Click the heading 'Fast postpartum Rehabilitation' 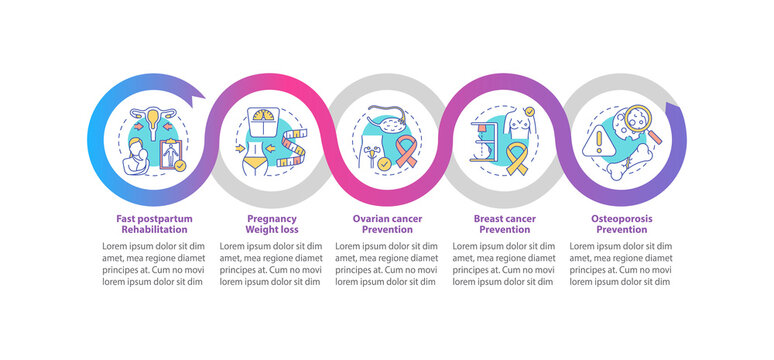pos(153,223)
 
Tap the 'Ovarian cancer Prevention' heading pos(385,223)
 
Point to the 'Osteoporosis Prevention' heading pos(619,223)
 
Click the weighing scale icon pos(264,124)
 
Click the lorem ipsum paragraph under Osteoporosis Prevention pos(619,263)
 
